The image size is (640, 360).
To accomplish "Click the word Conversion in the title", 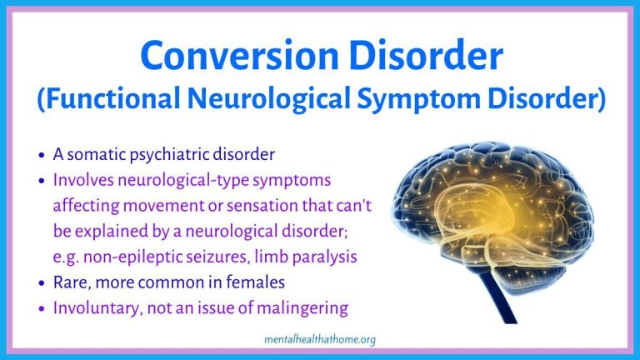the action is point(240,55).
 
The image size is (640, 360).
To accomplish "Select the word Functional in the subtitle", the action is point(108,99).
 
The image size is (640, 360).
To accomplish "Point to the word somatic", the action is point(97,154).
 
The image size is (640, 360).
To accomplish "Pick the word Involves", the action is point(83,180).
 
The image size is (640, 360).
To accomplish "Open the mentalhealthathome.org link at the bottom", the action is point(320,340).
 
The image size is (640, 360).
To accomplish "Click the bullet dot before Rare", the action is point(41,282).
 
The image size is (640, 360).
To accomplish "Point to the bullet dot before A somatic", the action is point(41,155).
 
